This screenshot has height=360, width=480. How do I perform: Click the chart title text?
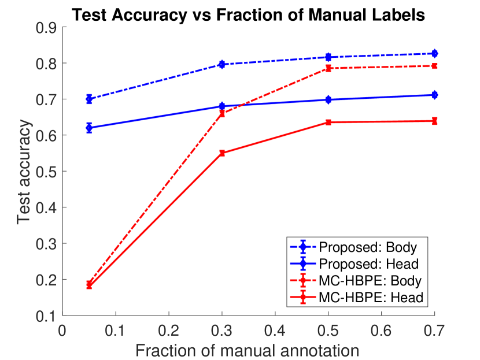pos(248,16)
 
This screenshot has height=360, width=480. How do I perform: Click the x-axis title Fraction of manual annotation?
pos(248,350)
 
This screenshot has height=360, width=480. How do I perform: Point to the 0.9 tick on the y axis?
pos(48,27)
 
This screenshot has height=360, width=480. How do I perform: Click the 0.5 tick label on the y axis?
pos(48,172)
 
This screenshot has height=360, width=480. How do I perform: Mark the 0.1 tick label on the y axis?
pos(48,316)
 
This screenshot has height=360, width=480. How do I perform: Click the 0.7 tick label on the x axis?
pos(434,330)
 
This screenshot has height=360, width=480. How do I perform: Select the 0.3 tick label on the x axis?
pos(221,330)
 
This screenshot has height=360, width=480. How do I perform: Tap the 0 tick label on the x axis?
pos(62,330)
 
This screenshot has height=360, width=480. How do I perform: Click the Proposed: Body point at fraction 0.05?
pos(89,99)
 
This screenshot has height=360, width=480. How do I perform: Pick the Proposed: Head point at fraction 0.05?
pos(89,128)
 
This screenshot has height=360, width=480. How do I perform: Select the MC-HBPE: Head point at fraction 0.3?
pos(222,153)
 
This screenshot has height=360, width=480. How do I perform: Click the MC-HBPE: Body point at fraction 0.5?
pos(328,68)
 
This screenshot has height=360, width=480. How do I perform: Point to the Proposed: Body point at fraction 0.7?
pos(434,53)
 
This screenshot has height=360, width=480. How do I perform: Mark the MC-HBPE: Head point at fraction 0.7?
pos(434,121)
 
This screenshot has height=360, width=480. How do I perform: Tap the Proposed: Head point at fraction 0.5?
pos(328,99)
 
